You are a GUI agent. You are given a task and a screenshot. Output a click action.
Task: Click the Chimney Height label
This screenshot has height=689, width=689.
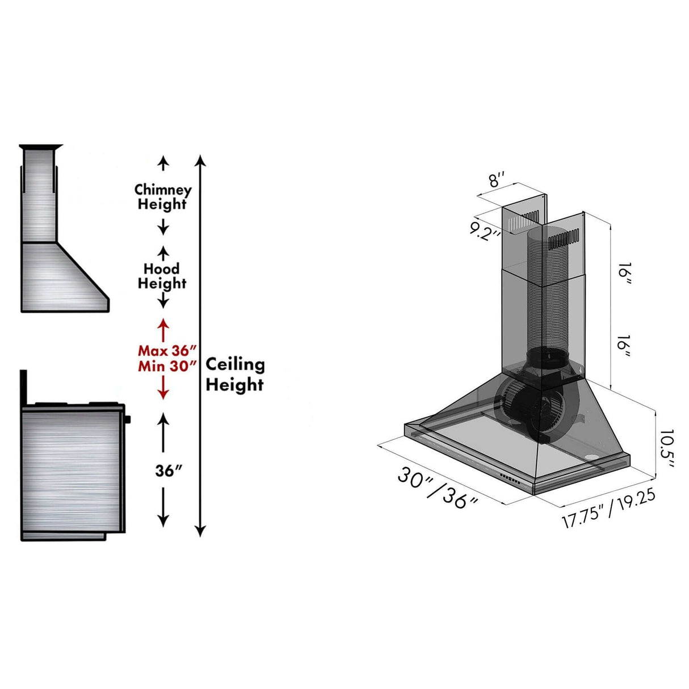click(x=163, y=197)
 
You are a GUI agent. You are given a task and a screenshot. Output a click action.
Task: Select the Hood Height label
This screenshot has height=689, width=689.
click(x=162, y=276)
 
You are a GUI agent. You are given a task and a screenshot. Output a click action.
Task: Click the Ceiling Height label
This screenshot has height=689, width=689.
click(x=234, y=375)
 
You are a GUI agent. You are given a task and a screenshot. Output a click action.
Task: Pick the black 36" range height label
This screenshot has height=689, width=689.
click(x=169, y=470)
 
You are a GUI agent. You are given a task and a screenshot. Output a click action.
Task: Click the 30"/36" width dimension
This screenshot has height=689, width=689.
click(x=438, y=488)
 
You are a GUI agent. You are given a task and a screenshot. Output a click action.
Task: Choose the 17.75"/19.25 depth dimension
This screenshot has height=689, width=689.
click(x=608, y=508)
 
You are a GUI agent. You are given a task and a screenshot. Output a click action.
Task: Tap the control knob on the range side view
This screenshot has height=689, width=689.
click(x=128, y=420)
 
